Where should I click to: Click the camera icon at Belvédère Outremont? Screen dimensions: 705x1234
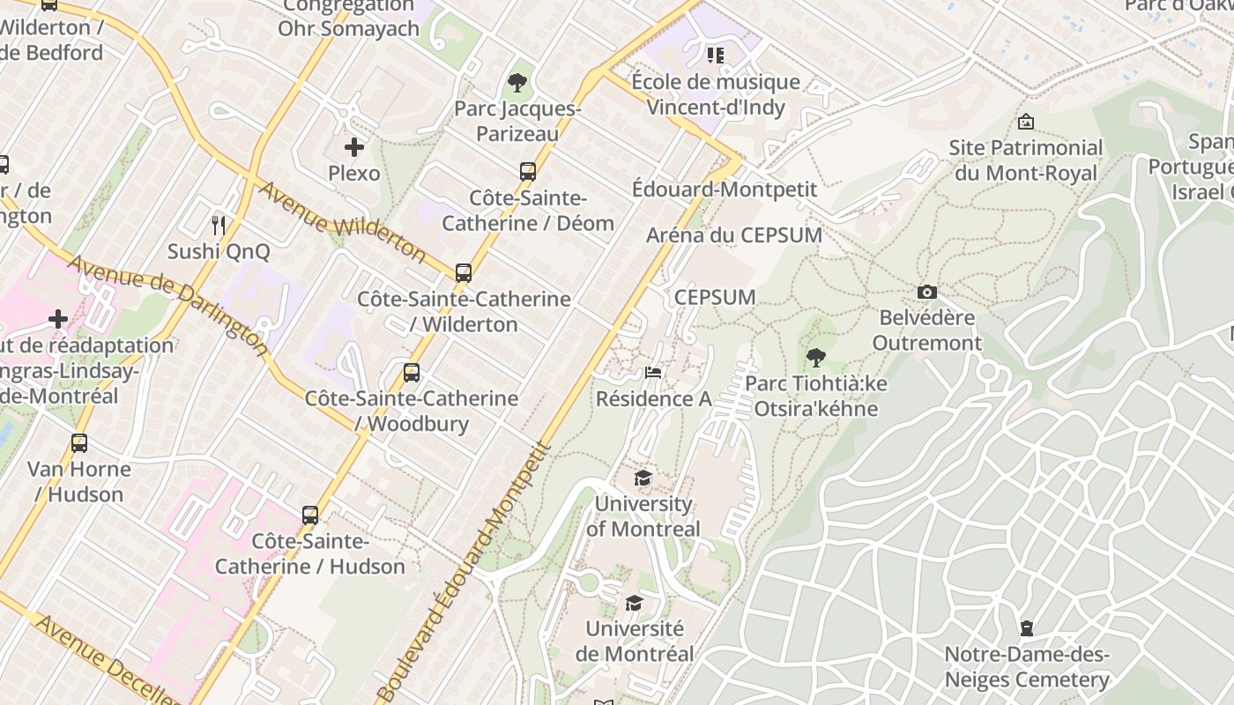point(926,293)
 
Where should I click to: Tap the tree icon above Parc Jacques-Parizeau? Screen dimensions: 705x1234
point(517,84)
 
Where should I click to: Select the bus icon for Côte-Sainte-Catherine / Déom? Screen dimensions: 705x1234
point(528,172)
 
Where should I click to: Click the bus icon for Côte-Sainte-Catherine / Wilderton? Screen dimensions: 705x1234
point(464,273)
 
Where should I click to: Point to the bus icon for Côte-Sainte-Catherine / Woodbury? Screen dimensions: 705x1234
point(412,373)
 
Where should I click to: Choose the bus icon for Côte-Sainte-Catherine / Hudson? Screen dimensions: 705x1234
point(310,516)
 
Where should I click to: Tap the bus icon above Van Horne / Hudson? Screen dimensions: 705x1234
point(79,443)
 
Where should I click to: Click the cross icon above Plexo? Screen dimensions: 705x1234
point(354,147)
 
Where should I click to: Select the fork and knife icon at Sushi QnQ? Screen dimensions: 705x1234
point(219,226)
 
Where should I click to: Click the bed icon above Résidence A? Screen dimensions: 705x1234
point(653,373)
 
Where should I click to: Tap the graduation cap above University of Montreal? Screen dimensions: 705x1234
point(643,479)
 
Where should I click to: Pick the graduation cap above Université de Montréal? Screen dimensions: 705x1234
point(634,604)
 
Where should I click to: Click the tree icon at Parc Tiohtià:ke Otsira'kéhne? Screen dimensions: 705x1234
point(816,358)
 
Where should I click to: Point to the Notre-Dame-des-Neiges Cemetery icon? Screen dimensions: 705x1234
point(1026,628)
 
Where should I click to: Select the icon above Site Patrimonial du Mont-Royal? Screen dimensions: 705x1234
point(1025,122)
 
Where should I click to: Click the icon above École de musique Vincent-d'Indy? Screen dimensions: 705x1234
point(716,56)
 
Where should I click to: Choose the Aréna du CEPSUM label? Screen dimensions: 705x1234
point(734,235)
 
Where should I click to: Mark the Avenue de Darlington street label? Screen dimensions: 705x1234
point(167,304)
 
